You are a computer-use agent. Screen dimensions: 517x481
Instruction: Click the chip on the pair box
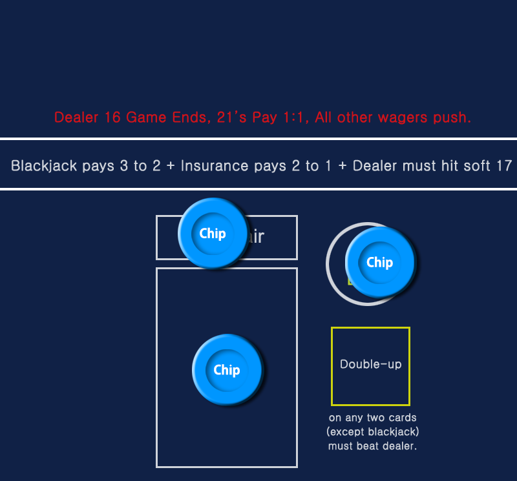click(x=213, y=233)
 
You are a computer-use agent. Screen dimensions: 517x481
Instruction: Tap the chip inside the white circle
click(x=379, y=262)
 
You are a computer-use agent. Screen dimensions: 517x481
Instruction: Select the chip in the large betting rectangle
click(x=227, y=369)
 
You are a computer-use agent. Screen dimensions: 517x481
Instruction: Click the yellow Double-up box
click(x=370, y=387)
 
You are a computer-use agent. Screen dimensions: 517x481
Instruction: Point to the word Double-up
click(x=370, y=364)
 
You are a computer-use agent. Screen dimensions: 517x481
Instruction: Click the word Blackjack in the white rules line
click(x=45, y=166)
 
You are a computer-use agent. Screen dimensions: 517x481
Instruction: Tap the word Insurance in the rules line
click(x=213, y=166)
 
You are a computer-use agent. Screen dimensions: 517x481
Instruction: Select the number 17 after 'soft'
click(x=503, y=166)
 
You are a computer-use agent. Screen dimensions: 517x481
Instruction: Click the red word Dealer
click(x=76, y=118)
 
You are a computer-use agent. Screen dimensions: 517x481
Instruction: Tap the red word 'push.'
click(x=453, y=118)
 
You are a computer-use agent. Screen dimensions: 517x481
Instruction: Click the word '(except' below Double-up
click(x=346, y=431)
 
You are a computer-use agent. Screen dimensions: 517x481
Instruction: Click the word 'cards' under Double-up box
click(x=403, y=418)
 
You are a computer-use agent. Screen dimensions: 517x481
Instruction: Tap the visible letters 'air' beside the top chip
click(x=256, y=237)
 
